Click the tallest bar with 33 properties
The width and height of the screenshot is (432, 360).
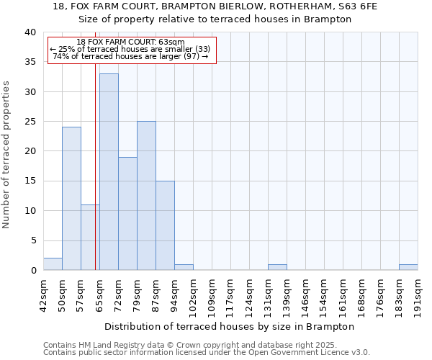pyautogui.click(x=109, y=172)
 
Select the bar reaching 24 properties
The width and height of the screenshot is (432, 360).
pyautogui.click(x=71, y=199)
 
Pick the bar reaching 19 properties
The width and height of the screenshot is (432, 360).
pyautogui.click(x=127, y=214)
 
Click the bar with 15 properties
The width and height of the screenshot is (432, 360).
pyautogui.click(x=165, y=225)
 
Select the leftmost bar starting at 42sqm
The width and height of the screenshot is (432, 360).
pyautogui.click(x=53, y=264)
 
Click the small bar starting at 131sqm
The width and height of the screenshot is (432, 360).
pyautogui.click(x=277, y=267)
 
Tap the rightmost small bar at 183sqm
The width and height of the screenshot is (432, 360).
pyautogui.click(x=408, y=267)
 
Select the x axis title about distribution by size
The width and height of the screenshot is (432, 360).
pyautogui.click(x=230, y=326)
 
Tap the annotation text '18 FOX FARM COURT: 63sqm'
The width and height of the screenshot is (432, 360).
pyautogui.click(x=130, y=42)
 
